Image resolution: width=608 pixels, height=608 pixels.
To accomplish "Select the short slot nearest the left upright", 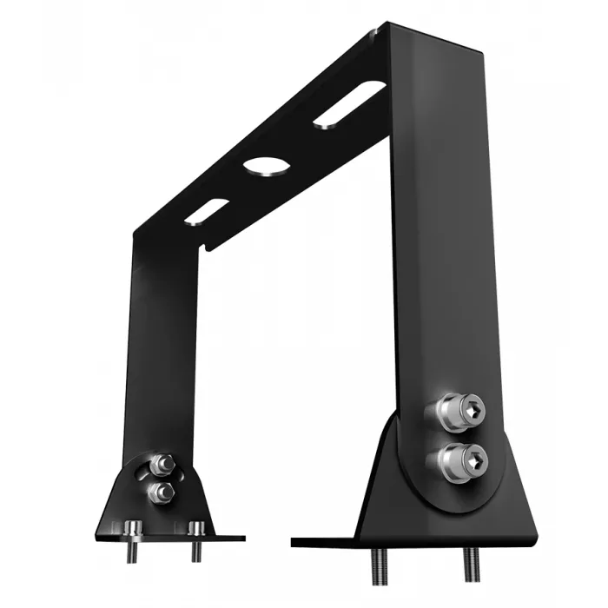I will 206,211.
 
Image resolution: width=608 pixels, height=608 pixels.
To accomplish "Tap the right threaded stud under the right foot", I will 471,565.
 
